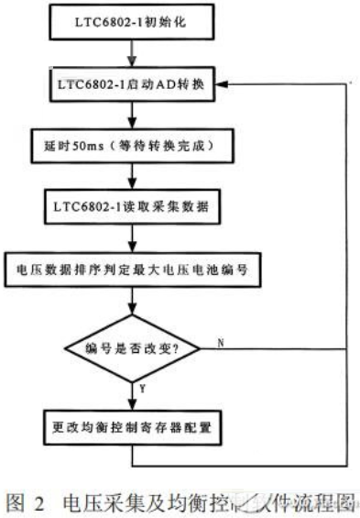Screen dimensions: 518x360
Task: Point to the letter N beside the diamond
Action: coord(220,342)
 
